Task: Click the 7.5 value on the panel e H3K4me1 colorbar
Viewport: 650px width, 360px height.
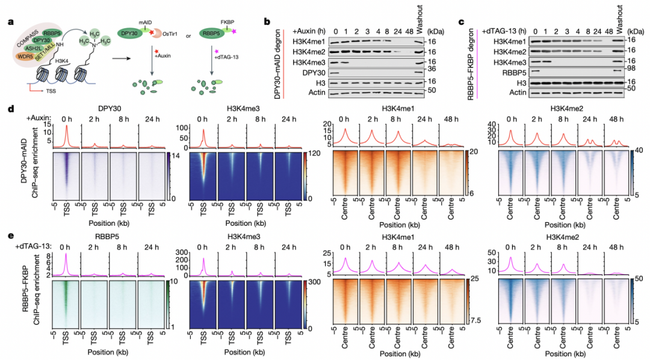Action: pos(476,320)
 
